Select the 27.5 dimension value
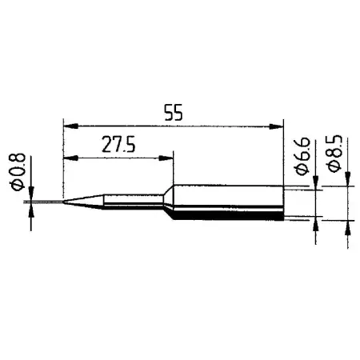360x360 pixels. coord(118,146)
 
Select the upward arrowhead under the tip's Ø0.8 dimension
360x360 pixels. coord(32,210)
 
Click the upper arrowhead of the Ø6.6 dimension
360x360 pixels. coord(318,185)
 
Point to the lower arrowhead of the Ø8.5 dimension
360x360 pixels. coord(348,226)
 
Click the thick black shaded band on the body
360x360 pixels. coord(228,216)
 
